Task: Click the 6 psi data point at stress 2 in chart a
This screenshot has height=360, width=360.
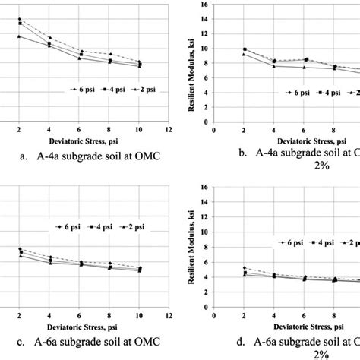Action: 20,19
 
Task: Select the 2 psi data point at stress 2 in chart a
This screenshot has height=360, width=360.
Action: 20,36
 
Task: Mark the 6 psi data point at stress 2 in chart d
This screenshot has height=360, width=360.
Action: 245,267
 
